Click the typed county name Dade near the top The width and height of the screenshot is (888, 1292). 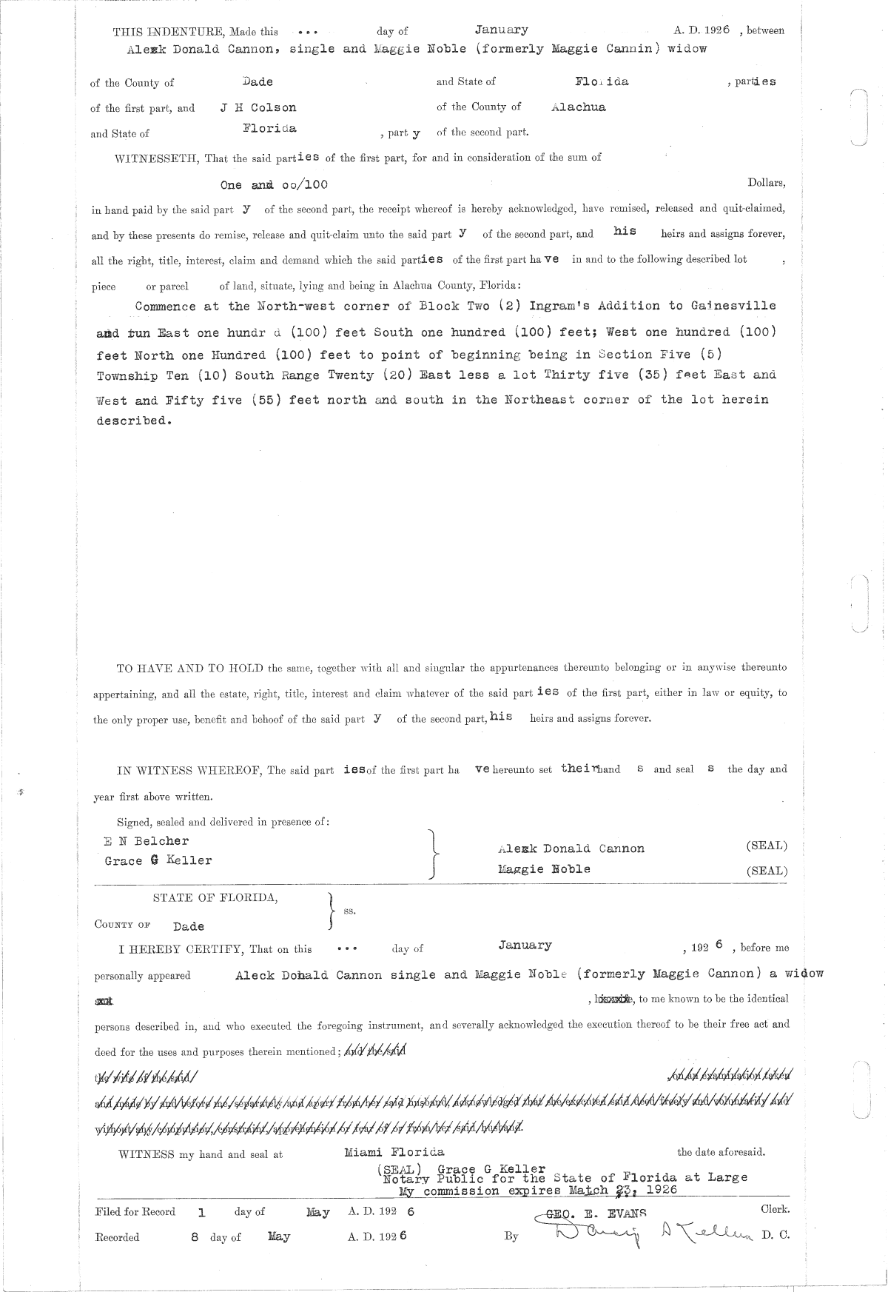coord(258,81)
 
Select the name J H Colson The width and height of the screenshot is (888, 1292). coord(258,107)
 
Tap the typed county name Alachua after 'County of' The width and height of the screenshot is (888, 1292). coord(578,107)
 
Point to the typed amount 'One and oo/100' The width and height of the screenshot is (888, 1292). coord(274,184)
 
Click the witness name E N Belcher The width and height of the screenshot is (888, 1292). coord(147,841)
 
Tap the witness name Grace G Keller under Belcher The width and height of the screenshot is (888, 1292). coord(158,860)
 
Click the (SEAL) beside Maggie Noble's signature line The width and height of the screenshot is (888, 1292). coord(767,871)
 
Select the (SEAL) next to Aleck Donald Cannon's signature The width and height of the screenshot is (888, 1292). coord(767,846)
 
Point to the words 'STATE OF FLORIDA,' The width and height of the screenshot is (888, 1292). coord(216,897)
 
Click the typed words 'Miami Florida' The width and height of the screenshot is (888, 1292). coord(394,1152)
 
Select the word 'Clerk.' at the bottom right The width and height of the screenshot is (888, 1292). coord(775,1209)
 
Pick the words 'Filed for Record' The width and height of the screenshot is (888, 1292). coord(135,1212)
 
